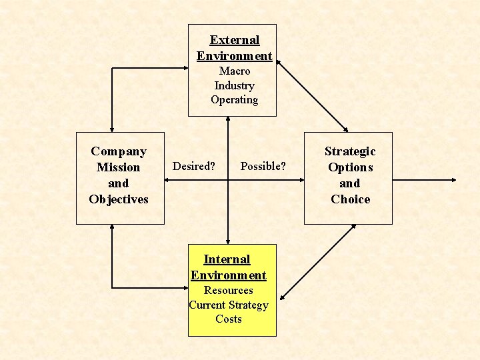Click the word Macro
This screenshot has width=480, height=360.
point(235,71)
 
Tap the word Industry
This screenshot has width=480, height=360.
point(234,85)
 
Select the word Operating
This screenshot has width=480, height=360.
point(234,100)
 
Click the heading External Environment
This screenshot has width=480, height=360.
point(234,48)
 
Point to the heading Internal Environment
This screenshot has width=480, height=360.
point(228,267)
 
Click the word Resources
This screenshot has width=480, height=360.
point(228,291)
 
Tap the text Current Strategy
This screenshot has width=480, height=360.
point(228,305)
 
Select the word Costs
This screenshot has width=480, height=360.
point(228,319)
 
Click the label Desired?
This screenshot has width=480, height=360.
point(194,166)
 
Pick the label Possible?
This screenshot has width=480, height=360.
point(263,166)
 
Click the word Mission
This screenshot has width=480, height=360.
point(119,167)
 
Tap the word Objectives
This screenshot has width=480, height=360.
point(119,199)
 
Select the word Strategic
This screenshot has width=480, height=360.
point(350,151)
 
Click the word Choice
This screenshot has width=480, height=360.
point(350,199)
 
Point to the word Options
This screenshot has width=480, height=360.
point(350,167)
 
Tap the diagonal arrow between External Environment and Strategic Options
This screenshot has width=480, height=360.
point(312,95)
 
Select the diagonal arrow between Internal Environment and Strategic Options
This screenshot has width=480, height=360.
point(317,261)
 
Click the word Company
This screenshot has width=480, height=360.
point(119,151)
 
